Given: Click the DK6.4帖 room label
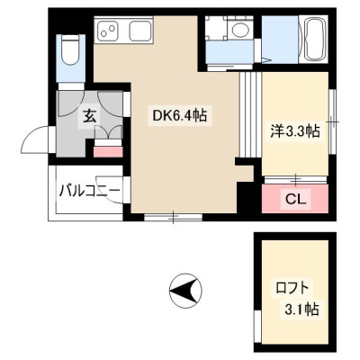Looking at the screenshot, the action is pos(180,115).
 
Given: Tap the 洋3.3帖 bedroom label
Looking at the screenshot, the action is pos(295,130).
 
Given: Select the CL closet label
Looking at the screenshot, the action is pos(295,199).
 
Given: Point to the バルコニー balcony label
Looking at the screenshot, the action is pos(89,191).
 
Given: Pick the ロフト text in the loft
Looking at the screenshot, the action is pos(292,289).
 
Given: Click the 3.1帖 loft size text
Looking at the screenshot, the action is pos(301,309).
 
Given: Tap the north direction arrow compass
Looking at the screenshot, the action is pos(185,290).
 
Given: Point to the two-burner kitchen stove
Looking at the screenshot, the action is pos(109,31).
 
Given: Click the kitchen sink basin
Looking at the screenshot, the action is pos(139,31).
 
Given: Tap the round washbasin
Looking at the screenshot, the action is pos(240,30).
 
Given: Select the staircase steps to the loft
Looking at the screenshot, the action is pos(250,114).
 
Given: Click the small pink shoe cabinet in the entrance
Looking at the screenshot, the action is pos(108,152).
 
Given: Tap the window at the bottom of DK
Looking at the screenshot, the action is pos(174,218).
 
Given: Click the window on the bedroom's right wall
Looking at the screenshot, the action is pos(332,122).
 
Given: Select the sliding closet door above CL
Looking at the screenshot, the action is pos(295,179).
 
